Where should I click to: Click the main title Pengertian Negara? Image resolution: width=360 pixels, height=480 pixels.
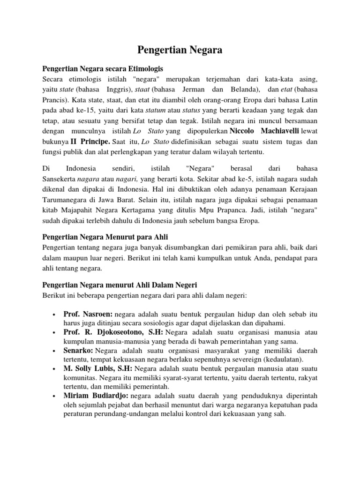tap(180, 50)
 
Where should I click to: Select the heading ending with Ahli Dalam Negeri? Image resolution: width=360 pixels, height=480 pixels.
tap(120, 285)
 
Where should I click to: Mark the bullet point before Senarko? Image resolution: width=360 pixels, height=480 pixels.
tap(55, 351)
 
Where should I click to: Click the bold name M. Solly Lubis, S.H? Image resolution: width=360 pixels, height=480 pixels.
tap(98, 369)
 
